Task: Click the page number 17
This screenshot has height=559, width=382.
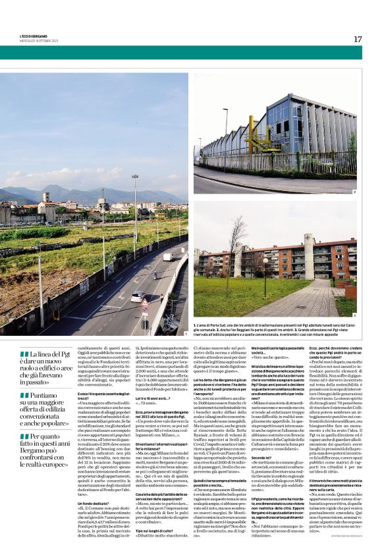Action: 358,39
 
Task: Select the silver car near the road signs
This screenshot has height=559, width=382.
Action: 138,296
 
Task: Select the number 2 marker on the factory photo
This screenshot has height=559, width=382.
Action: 354,192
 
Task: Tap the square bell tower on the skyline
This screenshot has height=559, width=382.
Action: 45,198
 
